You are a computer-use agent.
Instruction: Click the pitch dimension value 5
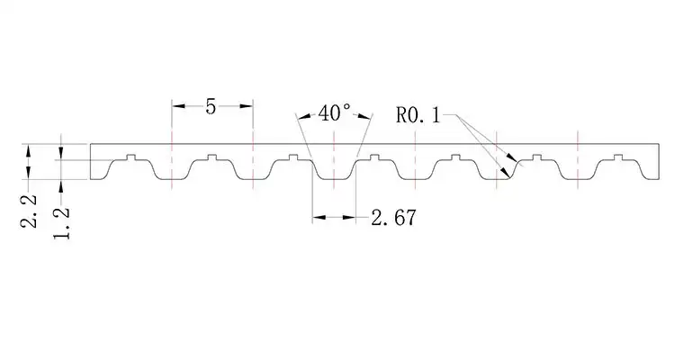click(211, 106)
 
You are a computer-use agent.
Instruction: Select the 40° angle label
click(334, 113)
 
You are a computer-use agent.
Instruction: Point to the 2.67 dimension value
click(393, 217)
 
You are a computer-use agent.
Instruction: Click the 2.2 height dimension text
click(30, 209)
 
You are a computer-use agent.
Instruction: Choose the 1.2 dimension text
click(61, 220)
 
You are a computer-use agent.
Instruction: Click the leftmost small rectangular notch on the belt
click(131, 157)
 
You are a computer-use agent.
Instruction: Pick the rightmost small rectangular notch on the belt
click(616, 157)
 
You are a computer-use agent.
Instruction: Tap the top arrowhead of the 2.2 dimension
click(30, 148)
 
